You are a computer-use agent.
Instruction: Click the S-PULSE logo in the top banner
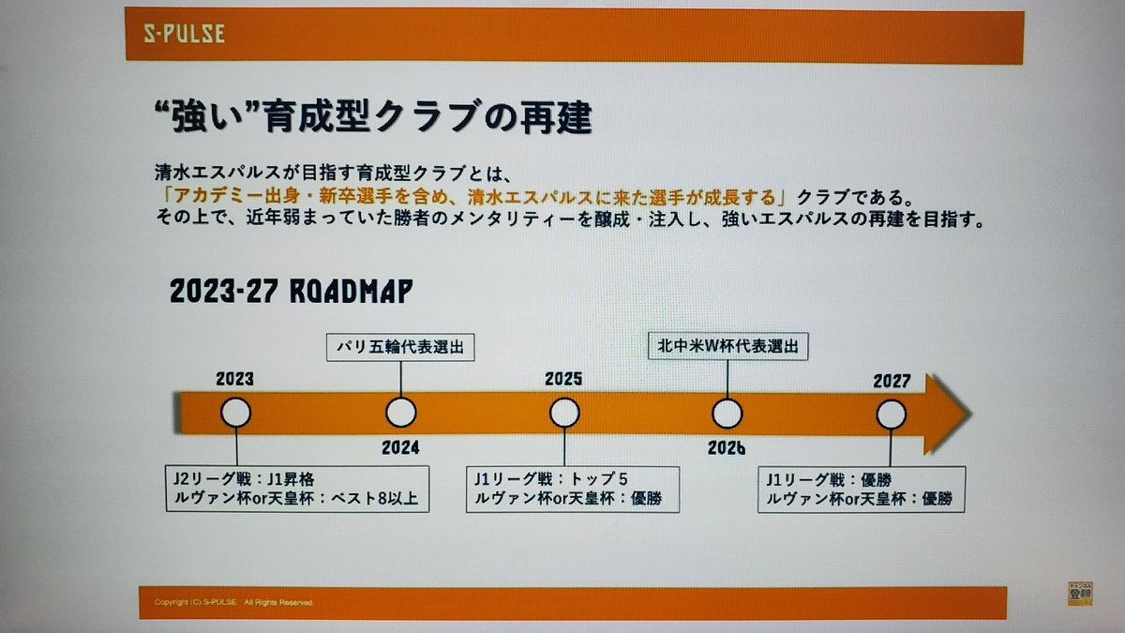[x=185, y=33]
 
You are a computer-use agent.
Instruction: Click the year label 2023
[x=235, y=379]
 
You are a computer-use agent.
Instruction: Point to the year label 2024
[x=400, y=447]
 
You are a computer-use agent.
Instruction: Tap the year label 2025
[x=563, y=379]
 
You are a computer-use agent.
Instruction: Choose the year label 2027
[x=892, y=381]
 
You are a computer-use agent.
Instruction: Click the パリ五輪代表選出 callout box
[x=400, y=347]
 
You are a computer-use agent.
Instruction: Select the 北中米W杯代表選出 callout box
[x=727, y=346]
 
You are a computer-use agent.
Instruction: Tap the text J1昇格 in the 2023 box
[x=291, y=479]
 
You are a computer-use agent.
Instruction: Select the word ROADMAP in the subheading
[x=351, y=292]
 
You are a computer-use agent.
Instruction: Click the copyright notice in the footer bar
[x=233, y=602]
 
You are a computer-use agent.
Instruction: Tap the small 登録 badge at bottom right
[x=1080, y=594]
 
